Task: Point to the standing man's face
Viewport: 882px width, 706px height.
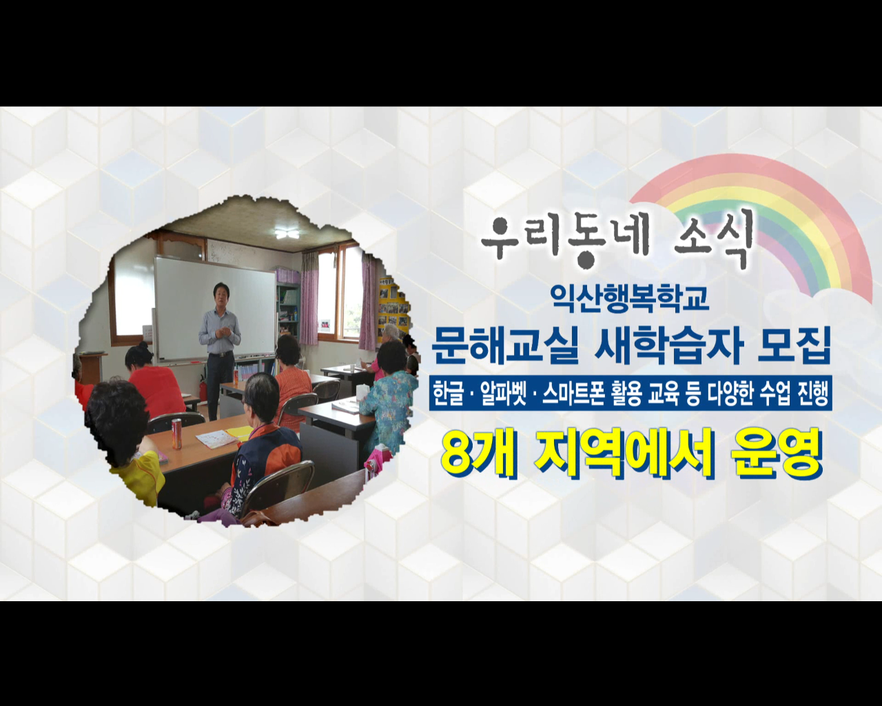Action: (x=221, y=292)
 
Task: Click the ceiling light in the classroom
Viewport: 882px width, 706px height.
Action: (x=286, y=234)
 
